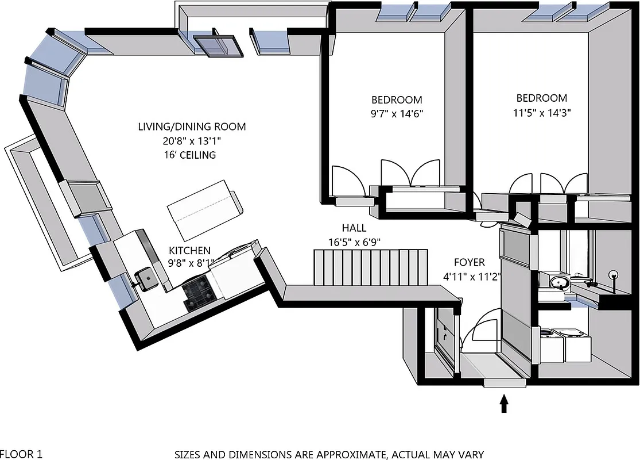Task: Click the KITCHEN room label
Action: click(x=189, y=251)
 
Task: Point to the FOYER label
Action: click(x=469, y=263)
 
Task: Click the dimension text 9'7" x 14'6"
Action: click(x=397, y=113)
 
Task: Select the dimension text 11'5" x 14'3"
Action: click(x=541, y=113)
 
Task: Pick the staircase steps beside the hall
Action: click(x=371, y=267)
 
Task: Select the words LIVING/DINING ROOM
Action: click(x=191, y=126)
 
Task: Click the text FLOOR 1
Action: click(x=21, y=454)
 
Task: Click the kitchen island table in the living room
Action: click(x=205, y=210)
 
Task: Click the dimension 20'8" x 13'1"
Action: click(x=191, y=141)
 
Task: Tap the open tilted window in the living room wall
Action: click(x=217, y=45)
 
